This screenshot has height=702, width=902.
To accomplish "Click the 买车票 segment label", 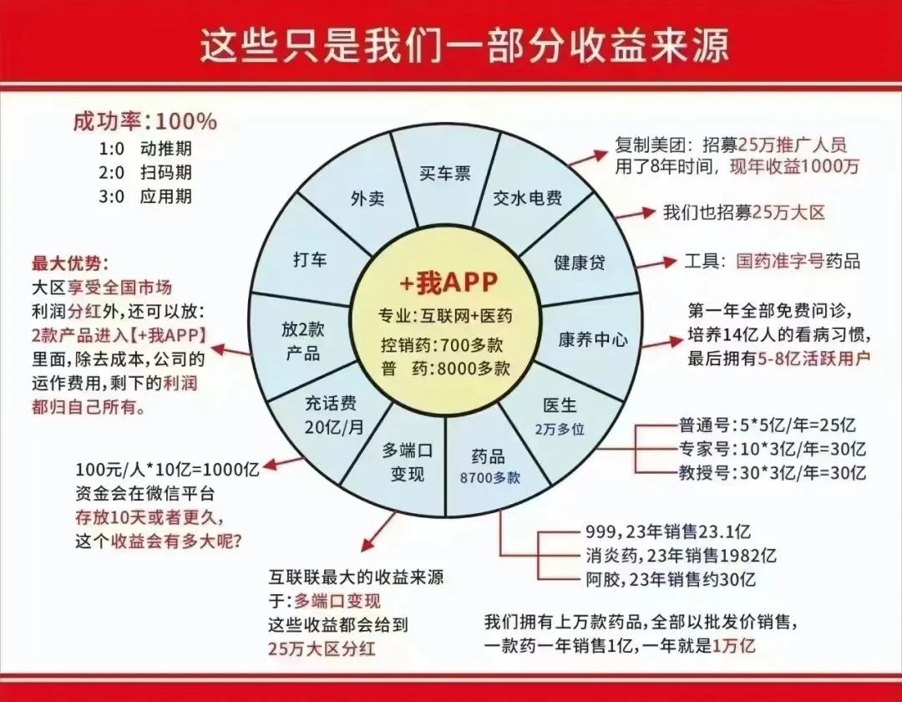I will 444,174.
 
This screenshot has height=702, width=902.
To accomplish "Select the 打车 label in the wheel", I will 310,258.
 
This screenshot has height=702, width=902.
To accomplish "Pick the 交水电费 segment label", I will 529,198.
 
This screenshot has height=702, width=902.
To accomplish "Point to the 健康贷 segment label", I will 580,262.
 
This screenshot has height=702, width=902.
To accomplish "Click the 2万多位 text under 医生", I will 560,426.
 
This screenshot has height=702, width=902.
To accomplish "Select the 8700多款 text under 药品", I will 489,478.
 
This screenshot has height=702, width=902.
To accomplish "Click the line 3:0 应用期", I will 145,196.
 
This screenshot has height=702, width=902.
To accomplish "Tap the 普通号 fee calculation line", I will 772,425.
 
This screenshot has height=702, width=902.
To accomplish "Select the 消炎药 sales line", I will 682,555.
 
